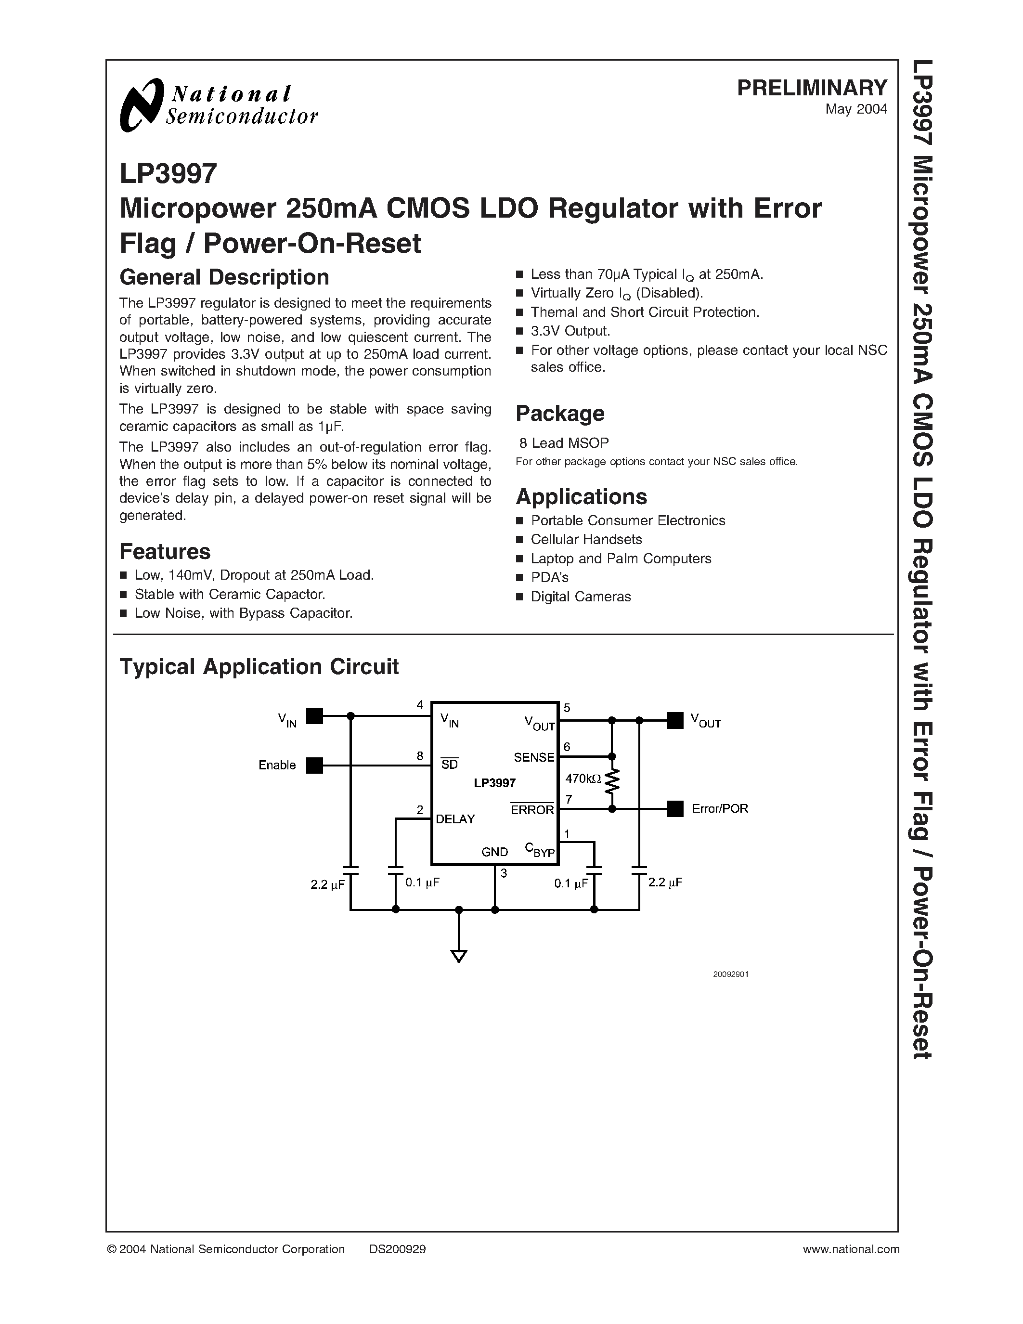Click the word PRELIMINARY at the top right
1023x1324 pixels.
coord(812,88)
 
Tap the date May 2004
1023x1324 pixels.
coord(856,109)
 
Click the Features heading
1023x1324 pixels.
coord(165,552)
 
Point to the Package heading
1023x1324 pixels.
coord(559,414)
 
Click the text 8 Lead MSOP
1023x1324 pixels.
coord(564,443)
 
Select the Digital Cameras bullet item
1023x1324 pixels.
coord(580,597)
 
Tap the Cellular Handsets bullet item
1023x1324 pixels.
coord(585,540)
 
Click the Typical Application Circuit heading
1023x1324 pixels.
coord(259,667)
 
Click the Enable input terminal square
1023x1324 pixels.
coord(314,766)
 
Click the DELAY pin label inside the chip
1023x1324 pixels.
coord(455,819)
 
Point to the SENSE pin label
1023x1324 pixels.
coord(534,758)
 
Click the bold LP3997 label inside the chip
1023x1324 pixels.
coord(494,783)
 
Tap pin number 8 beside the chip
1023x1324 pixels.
coord(419,756)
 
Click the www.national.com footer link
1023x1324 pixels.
coord(850,1249)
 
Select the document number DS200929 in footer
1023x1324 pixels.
coord(397,1249)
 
